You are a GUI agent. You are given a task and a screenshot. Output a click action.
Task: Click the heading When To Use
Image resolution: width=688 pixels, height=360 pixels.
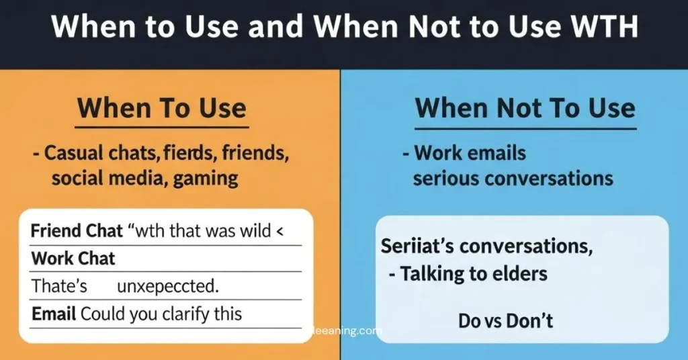(x=161, y=109)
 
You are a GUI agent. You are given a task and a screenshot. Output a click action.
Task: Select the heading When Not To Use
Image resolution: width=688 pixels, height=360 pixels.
(x=525, y=109)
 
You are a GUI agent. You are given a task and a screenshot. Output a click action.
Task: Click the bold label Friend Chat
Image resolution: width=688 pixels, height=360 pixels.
(x=77, y=232)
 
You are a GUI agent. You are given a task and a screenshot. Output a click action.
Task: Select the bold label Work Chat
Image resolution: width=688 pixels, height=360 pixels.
(x=73, y=259)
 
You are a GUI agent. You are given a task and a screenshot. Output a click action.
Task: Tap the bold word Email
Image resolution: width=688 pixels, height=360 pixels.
(x=54, y=313)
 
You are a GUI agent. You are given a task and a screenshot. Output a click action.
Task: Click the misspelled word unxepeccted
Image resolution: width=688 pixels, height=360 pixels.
(x=168, y=286)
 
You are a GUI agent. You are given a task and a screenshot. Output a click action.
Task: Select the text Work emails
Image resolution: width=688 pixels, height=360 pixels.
(x=470, y=153)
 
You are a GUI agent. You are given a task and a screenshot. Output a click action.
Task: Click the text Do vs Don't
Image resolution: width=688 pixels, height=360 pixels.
(x=505, y=320)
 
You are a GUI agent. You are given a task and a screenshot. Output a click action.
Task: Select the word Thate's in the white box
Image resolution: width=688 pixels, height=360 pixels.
(x=60, y=286)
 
